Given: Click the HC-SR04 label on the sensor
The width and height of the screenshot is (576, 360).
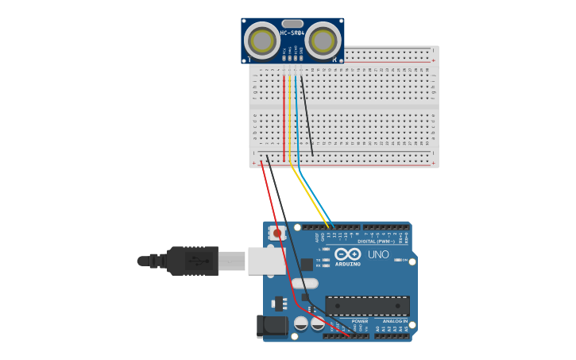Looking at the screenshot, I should coord(292,33).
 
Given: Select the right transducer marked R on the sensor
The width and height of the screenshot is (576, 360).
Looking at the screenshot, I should coord(322,40).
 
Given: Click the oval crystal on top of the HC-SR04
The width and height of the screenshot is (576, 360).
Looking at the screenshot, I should coord(292,24).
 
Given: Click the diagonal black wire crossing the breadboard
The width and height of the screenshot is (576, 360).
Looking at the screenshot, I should coord(307,115).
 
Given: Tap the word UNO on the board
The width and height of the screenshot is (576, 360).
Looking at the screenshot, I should coord(378,255).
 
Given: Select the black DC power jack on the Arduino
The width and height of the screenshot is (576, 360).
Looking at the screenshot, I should coord(272,326).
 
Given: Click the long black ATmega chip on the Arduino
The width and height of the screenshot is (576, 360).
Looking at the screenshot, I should coord(367,306).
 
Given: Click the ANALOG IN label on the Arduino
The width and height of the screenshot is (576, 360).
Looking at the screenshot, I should coord(395,321).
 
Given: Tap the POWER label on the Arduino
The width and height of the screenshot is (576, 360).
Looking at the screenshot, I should coord(360,321).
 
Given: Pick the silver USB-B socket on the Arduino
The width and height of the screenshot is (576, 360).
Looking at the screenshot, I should coord(266,261).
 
